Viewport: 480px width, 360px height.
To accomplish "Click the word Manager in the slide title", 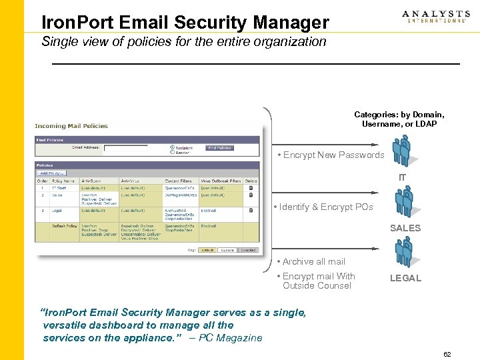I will click(291, 23).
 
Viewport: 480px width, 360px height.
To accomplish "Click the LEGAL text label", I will click(405, 278).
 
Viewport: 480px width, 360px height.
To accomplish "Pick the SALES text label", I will click(405, 228).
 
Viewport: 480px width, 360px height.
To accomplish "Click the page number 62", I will click(447, 354).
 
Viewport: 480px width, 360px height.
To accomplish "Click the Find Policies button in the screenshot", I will click(219, 148).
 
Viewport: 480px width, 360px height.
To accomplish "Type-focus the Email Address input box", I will click(125, 148).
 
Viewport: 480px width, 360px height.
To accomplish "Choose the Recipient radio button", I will click(172, 147).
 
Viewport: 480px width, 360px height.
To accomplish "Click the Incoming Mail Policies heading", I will click(71, 126).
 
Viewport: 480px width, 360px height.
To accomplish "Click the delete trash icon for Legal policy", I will click(251, 210).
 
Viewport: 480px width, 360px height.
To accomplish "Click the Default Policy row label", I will click(65, 226).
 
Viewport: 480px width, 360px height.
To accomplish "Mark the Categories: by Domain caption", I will click(399, 115).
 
